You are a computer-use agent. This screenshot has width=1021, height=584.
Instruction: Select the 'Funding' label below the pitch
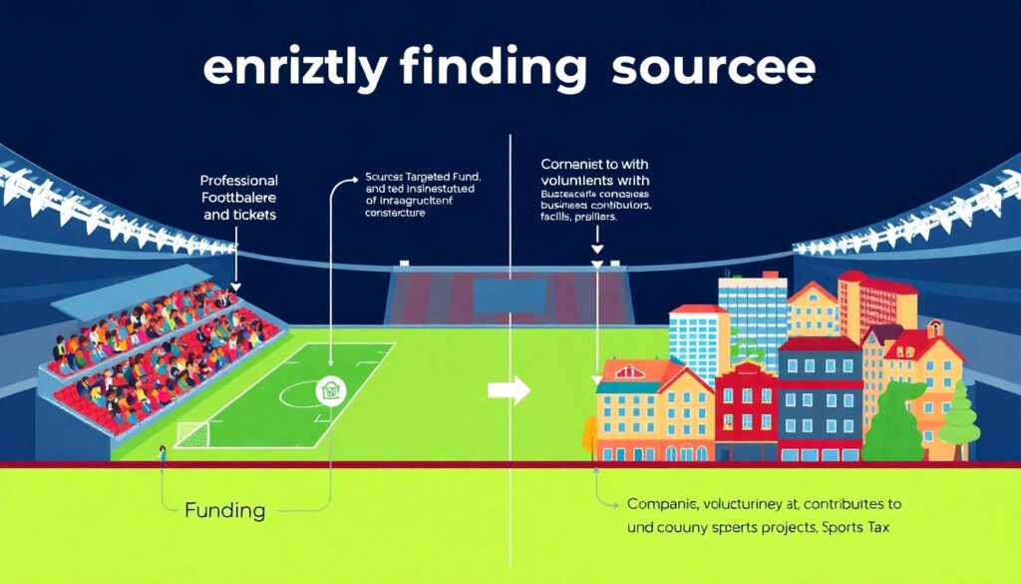point(225,511)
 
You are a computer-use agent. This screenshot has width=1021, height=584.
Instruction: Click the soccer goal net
point(193,433)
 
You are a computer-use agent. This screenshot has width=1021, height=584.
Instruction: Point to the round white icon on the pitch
point(327,390)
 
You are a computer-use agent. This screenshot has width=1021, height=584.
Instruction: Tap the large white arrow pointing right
point(509,391)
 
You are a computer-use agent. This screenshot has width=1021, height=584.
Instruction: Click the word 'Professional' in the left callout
point(239,181)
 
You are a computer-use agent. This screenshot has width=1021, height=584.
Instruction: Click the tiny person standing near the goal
point(162,455)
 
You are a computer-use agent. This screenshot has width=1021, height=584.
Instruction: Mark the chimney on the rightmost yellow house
point(934,328)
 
